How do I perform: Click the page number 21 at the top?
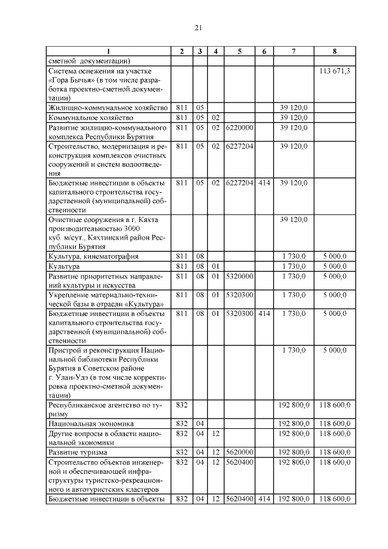pyautogui.click(x=198, y=27)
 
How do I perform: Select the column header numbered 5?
pyautogui.click(x=239, y=52)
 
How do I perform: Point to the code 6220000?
pyautogui.click(x=239, y=127)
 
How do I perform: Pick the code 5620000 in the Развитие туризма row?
pyautogui.click(x=239, y=452)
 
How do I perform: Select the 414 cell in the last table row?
pyautogui.click(x=264, y=499)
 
